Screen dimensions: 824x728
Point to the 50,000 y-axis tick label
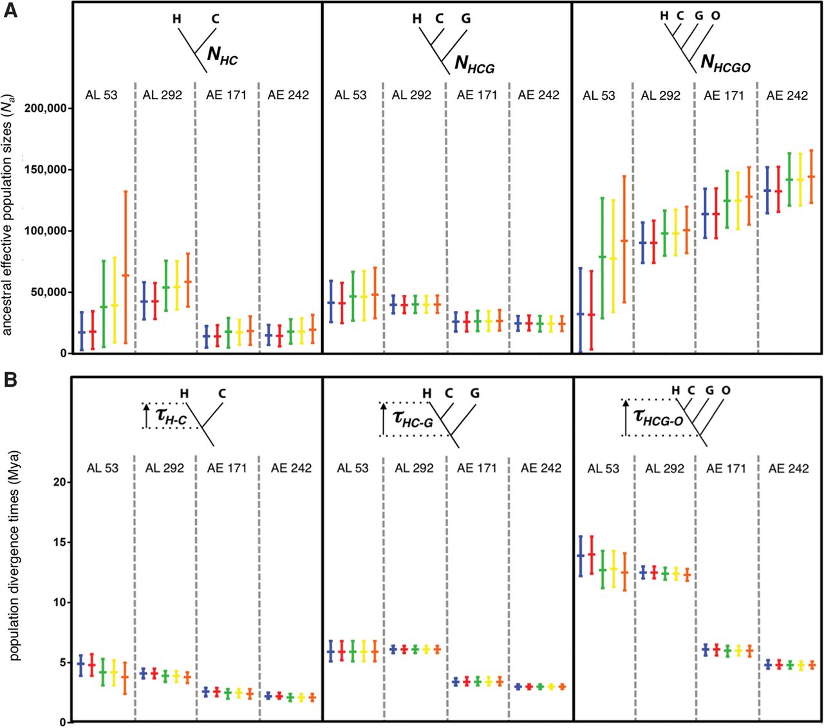click(47, 292)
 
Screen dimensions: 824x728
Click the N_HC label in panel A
click(222, 55)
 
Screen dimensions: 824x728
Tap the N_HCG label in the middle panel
click(474, 64)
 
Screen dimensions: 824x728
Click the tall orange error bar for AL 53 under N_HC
click(126, 267)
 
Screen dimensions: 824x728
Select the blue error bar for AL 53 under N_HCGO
click(581, 310)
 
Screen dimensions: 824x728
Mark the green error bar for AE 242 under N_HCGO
click(789, 180)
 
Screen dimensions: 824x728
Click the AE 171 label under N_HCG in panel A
click(477, 95)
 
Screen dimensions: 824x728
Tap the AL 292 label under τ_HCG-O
click(664, 469)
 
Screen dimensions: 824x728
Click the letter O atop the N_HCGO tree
click(715, 16)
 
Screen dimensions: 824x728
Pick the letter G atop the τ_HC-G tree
click(474, 393)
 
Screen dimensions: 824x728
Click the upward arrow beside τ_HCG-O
click(626, 417)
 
